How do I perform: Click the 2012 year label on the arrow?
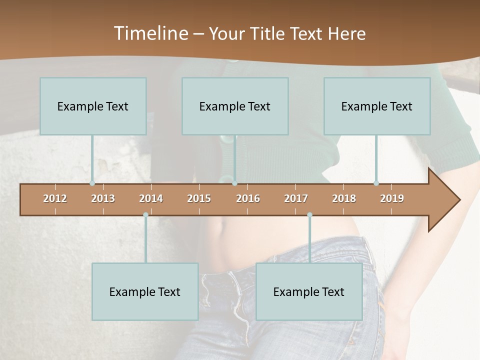pyautogui.click(x=55, y=198)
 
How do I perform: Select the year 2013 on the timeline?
pyautogui.click(x=103, y=198)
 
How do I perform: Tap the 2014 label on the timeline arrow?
pyautogui.click(x=151, y=198)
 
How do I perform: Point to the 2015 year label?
pyautogui.click(x=199, y=198)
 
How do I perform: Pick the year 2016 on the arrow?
pyautogui.click(x=248, y=198)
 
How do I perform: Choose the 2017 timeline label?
pyautogui.click(x=296, y=198)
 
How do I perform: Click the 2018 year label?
pyautogui.click(x=344, y=198)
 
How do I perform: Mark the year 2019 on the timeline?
pyautogui.click(x=392, y=198)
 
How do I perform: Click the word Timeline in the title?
pyautogui.click(x=150, y=33)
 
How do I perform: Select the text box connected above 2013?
pyautogui.click(x=93, y=106)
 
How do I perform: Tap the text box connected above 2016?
pyautogui.click(x=235, y=106)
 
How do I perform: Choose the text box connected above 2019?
pyautogui.click(x=377, y=106)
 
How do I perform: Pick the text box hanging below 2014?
pyautogui.click(x=145, y=291)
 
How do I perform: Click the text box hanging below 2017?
pyautogui.click(x=309, y=291)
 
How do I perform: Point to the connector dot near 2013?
pyautogui.click(x=92, y=183)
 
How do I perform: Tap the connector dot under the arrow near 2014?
pyautogui.click(x=145, y=215)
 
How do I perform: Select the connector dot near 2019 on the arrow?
pyautogui.click(x=376, y=183)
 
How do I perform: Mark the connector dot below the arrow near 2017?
pyautogui.click(x=309, y=215)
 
